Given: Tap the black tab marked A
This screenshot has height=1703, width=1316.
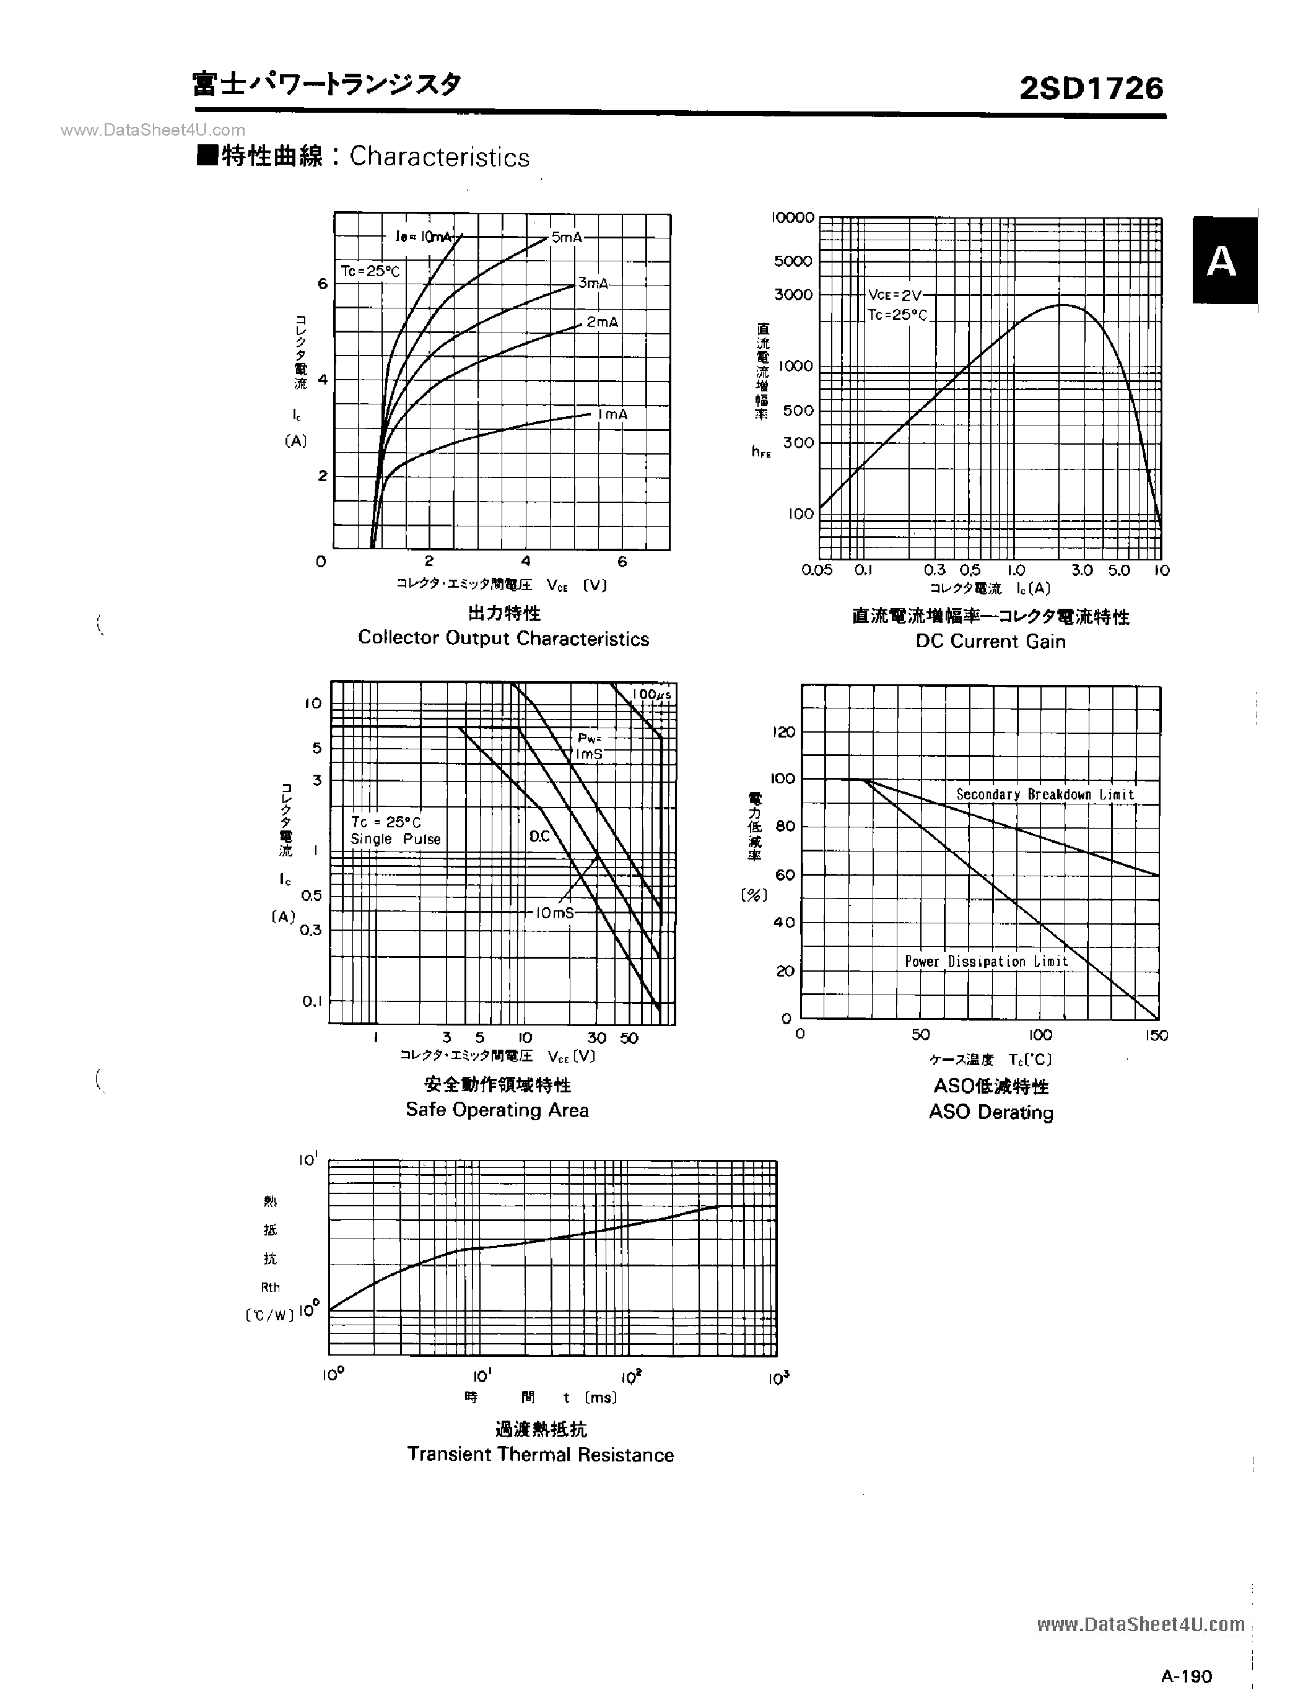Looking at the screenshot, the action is (1223, 261).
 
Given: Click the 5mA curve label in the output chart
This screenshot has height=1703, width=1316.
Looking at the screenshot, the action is (567, 237).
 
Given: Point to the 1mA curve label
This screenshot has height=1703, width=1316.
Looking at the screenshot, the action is (612, 415).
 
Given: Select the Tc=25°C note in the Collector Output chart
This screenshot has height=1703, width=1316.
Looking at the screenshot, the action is (370, 271).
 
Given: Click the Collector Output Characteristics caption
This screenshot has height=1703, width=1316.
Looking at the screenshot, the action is (503, 638).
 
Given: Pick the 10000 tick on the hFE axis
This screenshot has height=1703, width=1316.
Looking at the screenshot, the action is (792, 217).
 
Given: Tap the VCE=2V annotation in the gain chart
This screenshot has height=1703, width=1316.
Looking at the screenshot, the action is (895, 295).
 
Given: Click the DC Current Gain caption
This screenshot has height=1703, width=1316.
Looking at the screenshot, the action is (990, 641).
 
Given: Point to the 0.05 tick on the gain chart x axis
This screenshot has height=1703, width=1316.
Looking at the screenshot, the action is (816, 570).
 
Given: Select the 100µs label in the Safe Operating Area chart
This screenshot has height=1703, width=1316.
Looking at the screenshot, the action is (651, 694).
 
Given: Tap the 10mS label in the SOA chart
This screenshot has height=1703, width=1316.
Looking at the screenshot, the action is (554, 912).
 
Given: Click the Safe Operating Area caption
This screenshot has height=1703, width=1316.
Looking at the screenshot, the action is (497, 1110).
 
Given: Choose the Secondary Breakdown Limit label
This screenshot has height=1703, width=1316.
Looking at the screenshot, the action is (1045, 795).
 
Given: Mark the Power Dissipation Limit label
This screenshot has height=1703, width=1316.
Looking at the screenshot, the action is (985, 962).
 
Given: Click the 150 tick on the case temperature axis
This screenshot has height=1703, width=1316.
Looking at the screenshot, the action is (1156, 1035).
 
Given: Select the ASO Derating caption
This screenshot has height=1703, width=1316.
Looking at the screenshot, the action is (990, 1112).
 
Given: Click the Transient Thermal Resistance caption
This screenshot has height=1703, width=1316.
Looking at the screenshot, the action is (540, 1454).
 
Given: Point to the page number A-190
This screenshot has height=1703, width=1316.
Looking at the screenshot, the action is (1187, 1676).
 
